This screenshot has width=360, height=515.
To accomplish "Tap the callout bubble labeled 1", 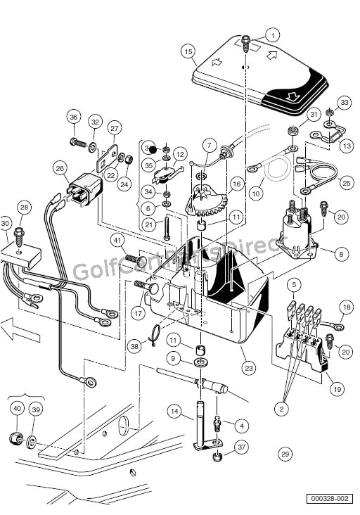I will click(273, 33).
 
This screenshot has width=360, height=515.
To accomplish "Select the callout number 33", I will click(344, 103).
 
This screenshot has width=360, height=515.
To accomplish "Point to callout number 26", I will click(60, 168).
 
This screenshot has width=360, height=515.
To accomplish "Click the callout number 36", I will click(74, 117).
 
